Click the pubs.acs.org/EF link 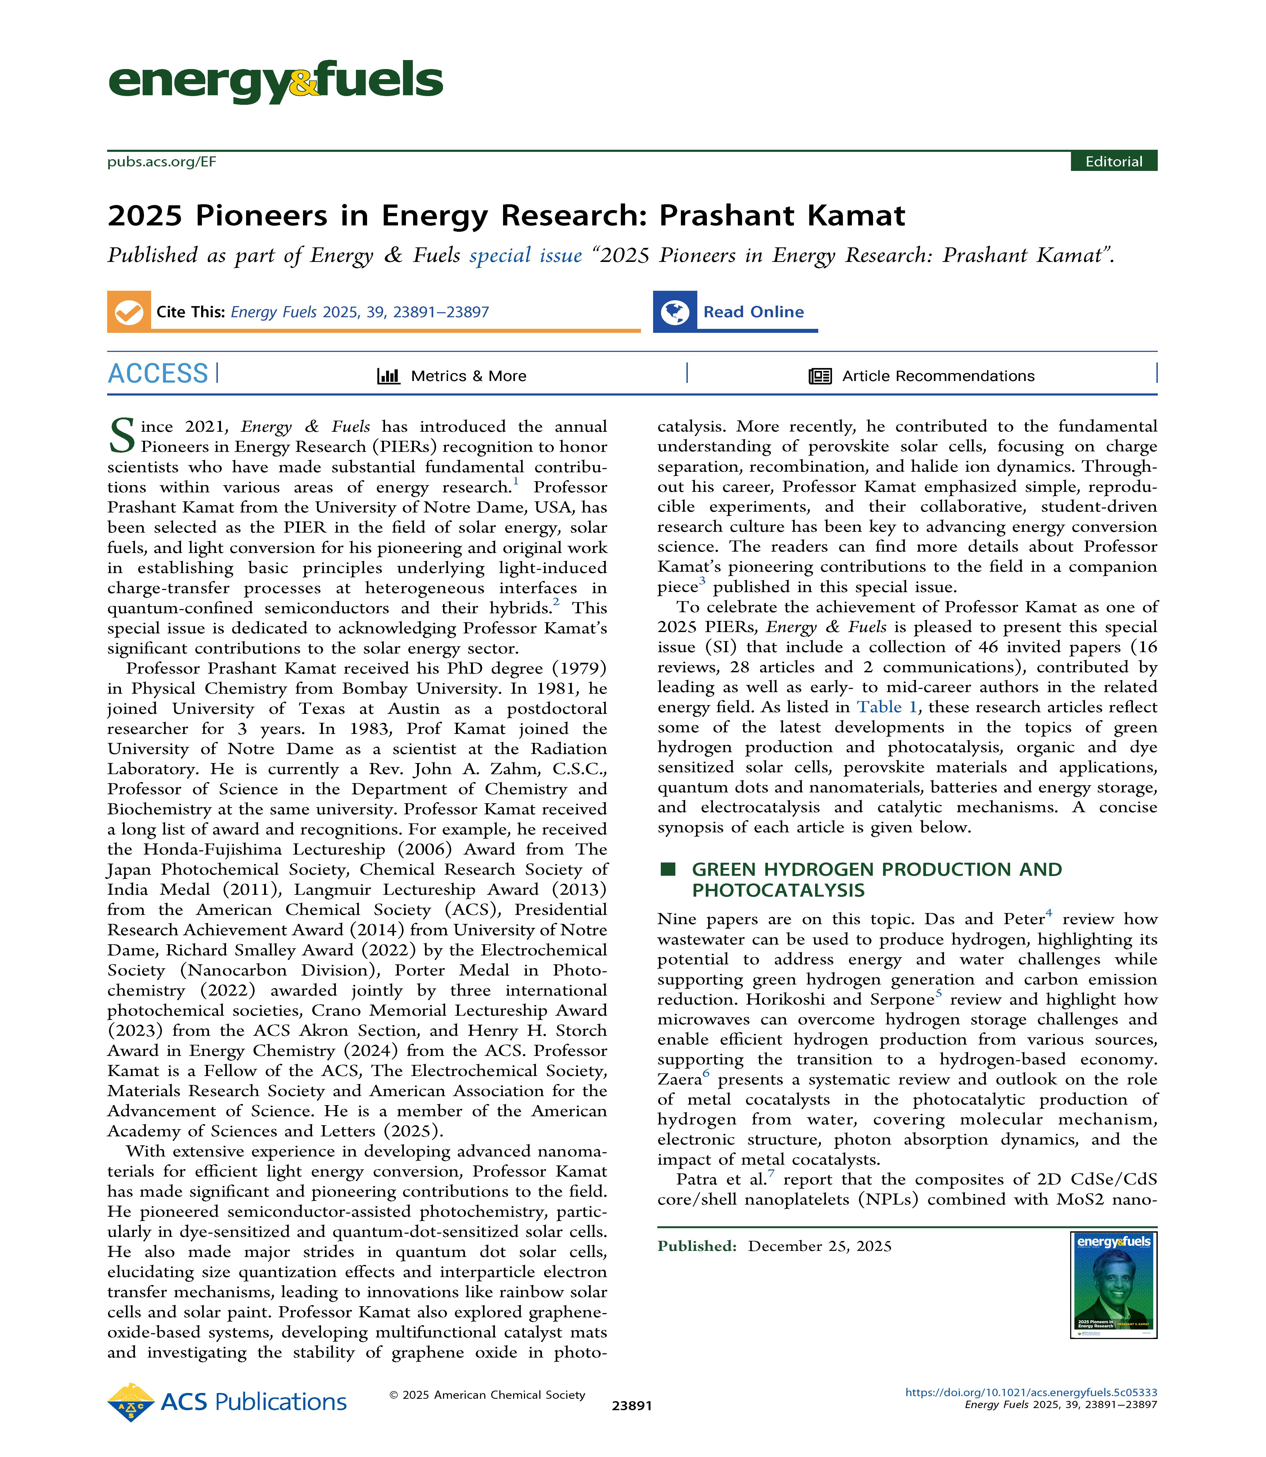pyautogui.click(x=162, y=162)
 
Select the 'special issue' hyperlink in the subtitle pyautogui.click(x=526, y=255)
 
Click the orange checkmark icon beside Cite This pyautogui.click(x=129, y=311)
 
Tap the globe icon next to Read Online pyautogui.click(x=675, y=311)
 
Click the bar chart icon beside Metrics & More pyautogui.click(x=388, y=376)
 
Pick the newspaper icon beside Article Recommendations pyautogui.click(x=820, y=376)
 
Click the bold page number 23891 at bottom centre pyautogui.click(x=632, y=1405)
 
